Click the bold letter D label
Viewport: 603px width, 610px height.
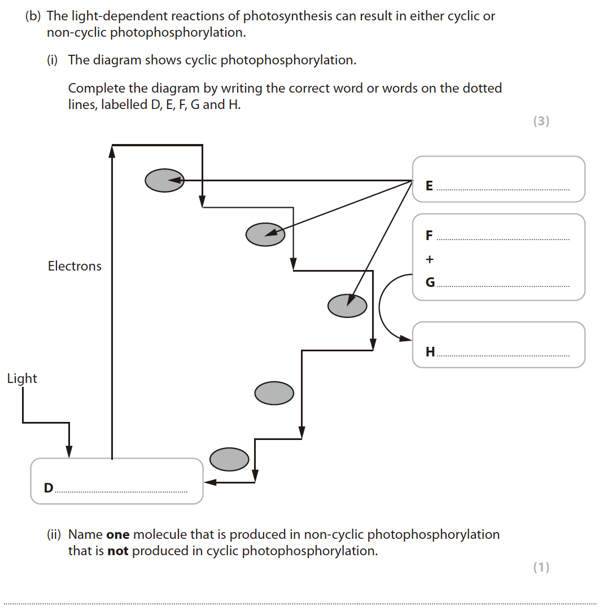49,487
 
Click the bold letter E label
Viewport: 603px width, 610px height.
429,186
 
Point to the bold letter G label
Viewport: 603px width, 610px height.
430,283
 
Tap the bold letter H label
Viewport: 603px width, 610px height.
430,352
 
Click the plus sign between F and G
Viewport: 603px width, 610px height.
430,260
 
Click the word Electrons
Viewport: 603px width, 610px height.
75,266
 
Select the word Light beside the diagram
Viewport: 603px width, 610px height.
22,378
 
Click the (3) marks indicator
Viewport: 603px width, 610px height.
541,121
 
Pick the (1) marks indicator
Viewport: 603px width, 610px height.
541,567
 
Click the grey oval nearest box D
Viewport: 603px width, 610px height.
229,459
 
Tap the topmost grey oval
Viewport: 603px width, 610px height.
164,181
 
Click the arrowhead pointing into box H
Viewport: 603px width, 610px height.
406,339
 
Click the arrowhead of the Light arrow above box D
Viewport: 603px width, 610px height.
69,452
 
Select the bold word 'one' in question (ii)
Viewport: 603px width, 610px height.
117,534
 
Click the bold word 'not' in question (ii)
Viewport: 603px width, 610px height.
118,551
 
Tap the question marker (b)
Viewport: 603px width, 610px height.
33,16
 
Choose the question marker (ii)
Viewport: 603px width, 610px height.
54,534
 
